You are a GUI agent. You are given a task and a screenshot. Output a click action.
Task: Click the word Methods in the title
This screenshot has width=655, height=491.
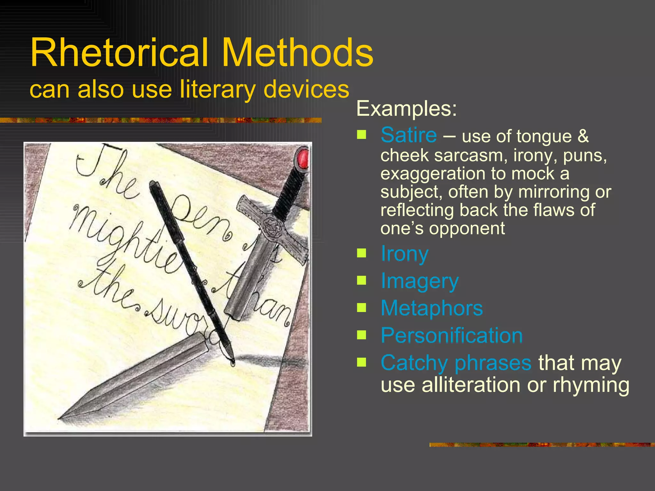(297, 53)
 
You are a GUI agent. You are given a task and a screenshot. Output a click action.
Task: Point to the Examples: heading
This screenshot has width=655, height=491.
(406, 109)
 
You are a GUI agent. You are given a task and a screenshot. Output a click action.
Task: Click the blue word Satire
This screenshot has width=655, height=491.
(408, 135)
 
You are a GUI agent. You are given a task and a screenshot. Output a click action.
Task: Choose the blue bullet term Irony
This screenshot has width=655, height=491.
(404, 254)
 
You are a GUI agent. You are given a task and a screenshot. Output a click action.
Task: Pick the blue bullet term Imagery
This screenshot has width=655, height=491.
(420, 281)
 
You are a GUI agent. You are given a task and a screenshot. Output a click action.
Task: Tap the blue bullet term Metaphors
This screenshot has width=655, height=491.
(432, 308)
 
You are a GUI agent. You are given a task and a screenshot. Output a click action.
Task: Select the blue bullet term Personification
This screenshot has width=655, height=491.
(452, 336)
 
